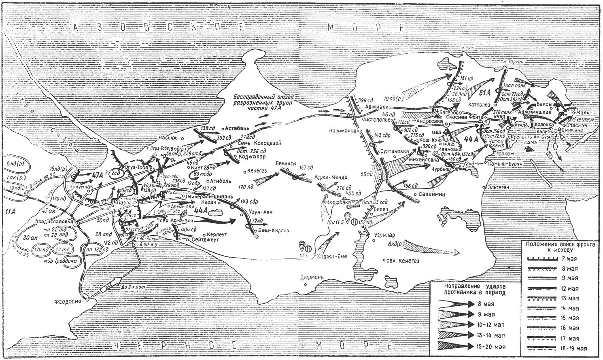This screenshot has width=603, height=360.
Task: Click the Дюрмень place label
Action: (x=313, y=277)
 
